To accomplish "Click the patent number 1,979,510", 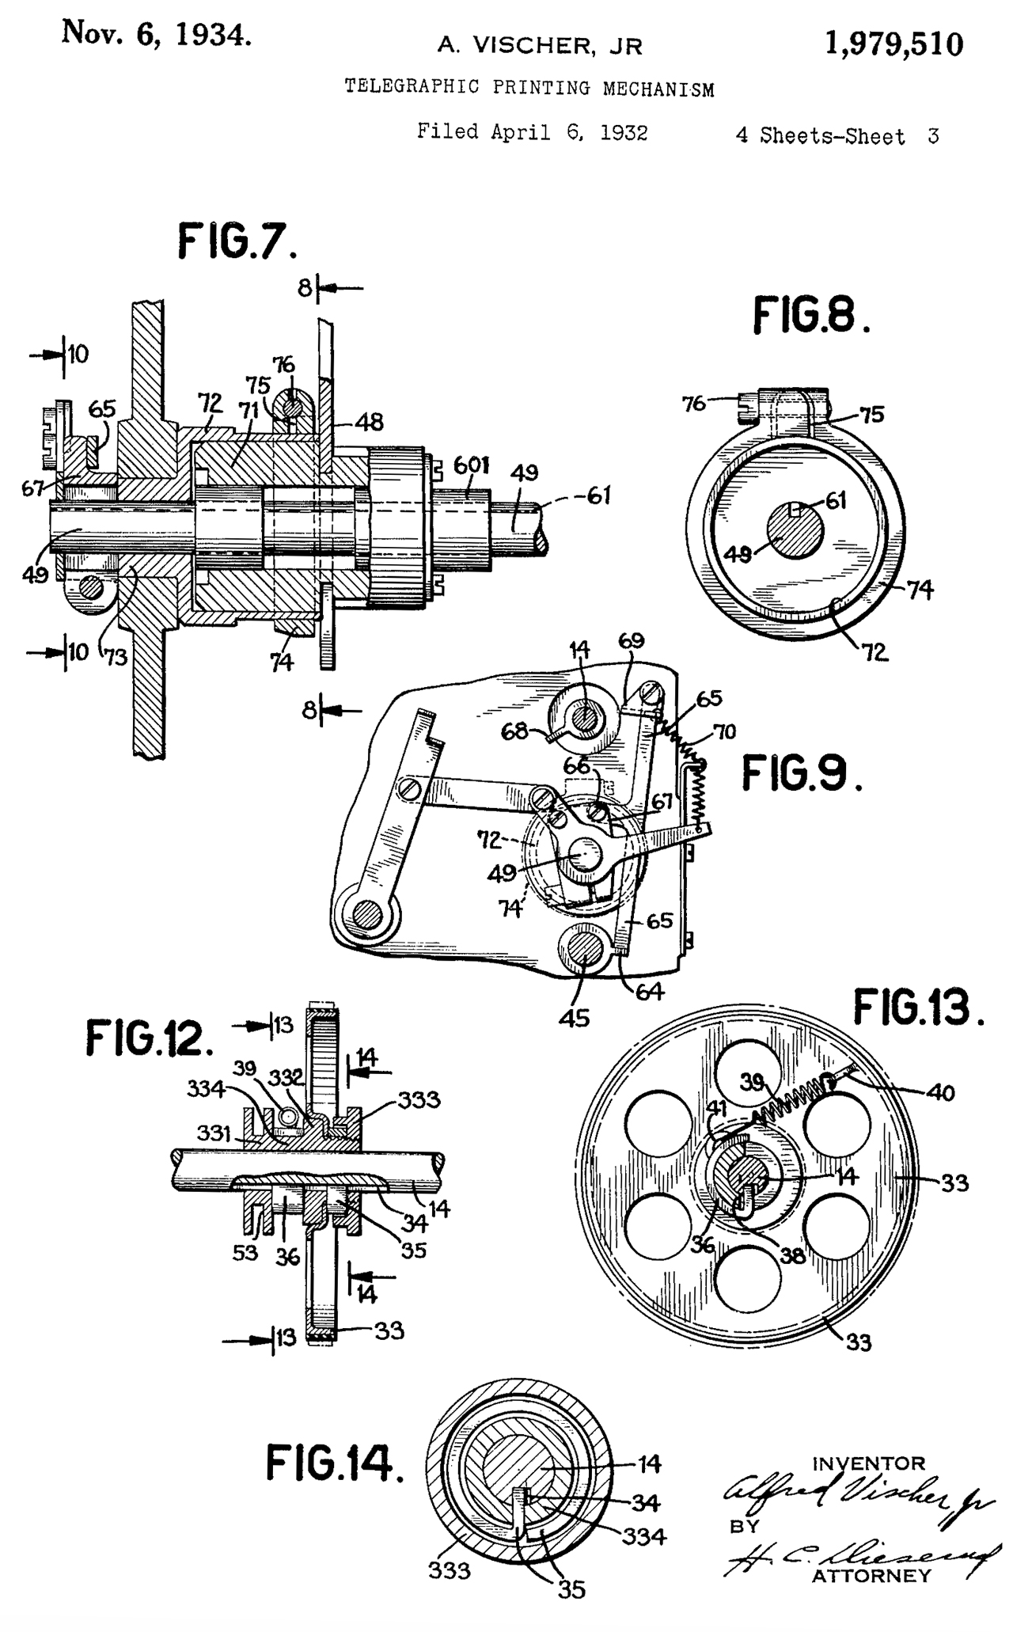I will (893, 44).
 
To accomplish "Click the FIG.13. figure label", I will (918, 1008).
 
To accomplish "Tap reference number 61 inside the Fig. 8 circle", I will (836, 500).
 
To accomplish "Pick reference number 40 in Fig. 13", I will (941, 1092).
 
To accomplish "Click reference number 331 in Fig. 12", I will (214, 1133).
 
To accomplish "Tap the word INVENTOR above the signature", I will (868, 1463).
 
